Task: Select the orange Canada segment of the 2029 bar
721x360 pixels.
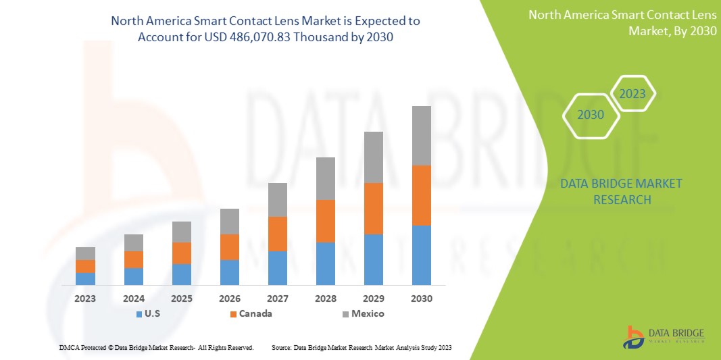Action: [374, 209]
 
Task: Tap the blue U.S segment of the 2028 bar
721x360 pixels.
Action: [326, 263]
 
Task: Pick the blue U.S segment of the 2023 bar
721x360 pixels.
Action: [85, 278]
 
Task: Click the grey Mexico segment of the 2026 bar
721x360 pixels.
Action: [230, 222]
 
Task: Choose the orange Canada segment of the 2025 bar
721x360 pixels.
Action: [182, 253]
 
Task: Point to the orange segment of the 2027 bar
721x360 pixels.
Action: [278, 234]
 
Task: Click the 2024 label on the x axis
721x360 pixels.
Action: [134, 298]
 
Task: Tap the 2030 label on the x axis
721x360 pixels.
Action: [422, 298]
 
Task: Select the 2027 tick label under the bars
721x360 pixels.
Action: [278, 298]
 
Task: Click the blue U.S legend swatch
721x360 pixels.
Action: [139, 314]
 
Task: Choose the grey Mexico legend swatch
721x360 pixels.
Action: [345, 314]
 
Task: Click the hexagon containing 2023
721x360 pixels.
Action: [632, 94]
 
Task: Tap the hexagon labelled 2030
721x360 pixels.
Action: [591, 115]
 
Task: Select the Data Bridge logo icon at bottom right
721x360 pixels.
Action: [634, 337]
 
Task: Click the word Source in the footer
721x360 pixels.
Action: [281, 347]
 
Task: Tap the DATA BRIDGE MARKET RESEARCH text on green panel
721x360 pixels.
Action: [622, 191]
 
